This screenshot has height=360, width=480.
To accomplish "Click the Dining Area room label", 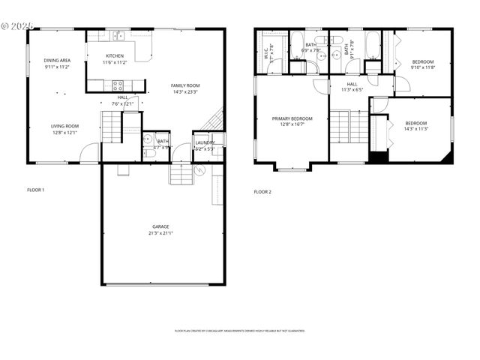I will click(56, 60).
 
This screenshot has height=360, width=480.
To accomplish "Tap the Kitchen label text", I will click(115, 56).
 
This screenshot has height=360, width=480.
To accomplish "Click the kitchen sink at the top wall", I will click(118, 34).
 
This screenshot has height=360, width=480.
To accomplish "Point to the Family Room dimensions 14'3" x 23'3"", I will click(186, 92).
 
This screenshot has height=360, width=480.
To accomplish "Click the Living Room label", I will click(65, 126).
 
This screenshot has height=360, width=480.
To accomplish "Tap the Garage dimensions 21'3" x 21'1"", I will click(160, 233).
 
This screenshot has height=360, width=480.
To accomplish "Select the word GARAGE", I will click(160, 226).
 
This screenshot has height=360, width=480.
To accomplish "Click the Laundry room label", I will click(205, 142).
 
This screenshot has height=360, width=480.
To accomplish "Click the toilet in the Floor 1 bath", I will click(148, 140).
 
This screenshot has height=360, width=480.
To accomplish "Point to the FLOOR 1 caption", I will click(35, 190).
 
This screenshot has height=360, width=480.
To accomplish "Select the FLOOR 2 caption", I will click(262, 192).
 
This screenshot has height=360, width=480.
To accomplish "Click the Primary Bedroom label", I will click(292, 118).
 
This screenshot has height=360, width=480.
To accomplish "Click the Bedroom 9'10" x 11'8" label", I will click(422, 61).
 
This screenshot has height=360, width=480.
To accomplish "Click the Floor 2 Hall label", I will click(352, 84).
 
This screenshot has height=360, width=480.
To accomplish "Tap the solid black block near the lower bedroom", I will click(377, 157).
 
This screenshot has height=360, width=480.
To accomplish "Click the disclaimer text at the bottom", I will click(239, 331).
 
